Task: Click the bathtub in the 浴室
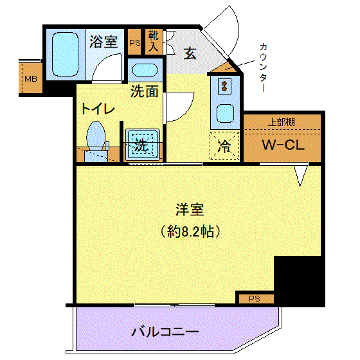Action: pyautogui.click(x=65, y=55)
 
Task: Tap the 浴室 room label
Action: pyautogui.click(x=104, y=42)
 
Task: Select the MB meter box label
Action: pyautogui.click(x=31, y=79)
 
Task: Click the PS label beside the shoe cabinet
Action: pyautogui.click(x=135, y=42)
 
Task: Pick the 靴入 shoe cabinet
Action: pyautogui.click(x=154, y=42)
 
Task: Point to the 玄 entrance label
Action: pyautogui.click(x=190, y=53)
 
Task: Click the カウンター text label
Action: pyautogui.click(x=264, y=67)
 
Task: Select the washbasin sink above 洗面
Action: pyautogui.click(x=145, y=70)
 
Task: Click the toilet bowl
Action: pyautogui.click(x=96, y=136)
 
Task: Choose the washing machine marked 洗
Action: pyautogui.click(x=143, y=145)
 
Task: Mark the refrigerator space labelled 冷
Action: pyautogui.click(x=224, y=146)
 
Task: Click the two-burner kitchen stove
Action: pyautogui.click(x=224, y=86)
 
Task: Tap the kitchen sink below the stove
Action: pyautogui.click(x=225, y=113)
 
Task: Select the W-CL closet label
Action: pyautogui.click(x=283, y=145)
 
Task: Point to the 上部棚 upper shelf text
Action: pyautogui.click(x=282, y=122)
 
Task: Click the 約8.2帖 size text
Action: pyautogui.click(x=190, y=231)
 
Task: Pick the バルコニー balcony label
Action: pyautogui.click(x=165, y=332)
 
